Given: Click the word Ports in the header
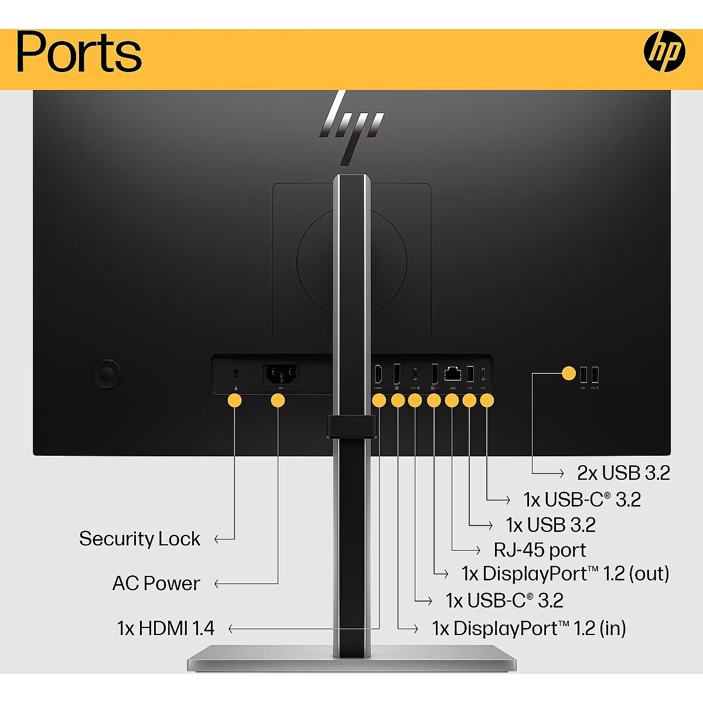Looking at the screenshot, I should pyautogui.click(x=79, y=53).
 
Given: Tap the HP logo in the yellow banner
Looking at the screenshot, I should pyautogui.click(x=664, y=52).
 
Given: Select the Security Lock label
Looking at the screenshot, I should pyautogui.click(x=139, y=539).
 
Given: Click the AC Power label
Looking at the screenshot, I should pyautogui.click(x=156, y=583).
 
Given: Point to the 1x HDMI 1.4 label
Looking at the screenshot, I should pyautogui.click(x=166, y=629).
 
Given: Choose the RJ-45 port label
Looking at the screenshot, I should pyautogui.click(x=540, y=550).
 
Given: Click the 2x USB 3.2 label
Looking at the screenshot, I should pyautogui.click(x=623, y=473).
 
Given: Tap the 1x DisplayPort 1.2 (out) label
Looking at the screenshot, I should pyautogui.click(x=565, y=574).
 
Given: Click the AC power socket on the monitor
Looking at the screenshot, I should pyautogui.click(x=281, y=374).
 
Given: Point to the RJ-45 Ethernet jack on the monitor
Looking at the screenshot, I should pyautogui.click(x=452, y=373).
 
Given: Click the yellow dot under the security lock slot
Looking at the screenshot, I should pyautogui.click(x=234, y=401).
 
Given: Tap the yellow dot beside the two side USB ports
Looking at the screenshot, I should pyautogui.click(x=569, y=373).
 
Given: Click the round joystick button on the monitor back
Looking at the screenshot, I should pyautogui.click(x=107, y=373).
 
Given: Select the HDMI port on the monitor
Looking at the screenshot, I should pyautogui.click(x=378, y=373).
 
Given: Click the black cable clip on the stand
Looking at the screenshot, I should pyautogui.click(x=351, y=427).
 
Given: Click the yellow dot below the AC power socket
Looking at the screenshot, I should pyautogui.click(x=278, y=401).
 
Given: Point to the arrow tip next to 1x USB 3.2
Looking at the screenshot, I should pyautogui.click(x=491, y=525).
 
